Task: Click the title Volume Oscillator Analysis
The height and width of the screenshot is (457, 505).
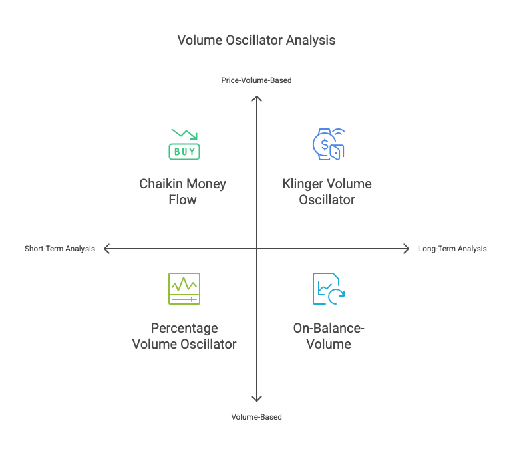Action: (256, 40)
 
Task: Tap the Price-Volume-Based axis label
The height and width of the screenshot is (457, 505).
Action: (257, 80)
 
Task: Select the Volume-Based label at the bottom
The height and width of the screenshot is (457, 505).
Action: (257, 417)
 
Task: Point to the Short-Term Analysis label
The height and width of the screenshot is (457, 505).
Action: (59, 249)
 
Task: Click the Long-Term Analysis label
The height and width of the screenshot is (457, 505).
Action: (452, 249)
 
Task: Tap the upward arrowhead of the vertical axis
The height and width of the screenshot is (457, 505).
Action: (257, 98)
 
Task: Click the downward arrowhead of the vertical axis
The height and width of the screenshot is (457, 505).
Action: (257, 399)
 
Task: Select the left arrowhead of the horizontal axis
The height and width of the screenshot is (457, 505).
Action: (106, 249)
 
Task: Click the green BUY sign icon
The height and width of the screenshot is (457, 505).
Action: (184, 151)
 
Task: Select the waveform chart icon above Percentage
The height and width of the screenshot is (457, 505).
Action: (184, 288)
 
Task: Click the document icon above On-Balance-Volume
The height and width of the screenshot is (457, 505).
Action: (328, 288)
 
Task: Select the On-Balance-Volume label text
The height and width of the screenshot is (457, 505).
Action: (329, 336)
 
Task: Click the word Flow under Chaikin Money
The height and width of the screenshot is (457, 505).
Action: (182, 200)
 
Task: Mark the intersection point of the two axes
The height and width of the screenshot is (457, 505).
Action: (257, 249)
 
